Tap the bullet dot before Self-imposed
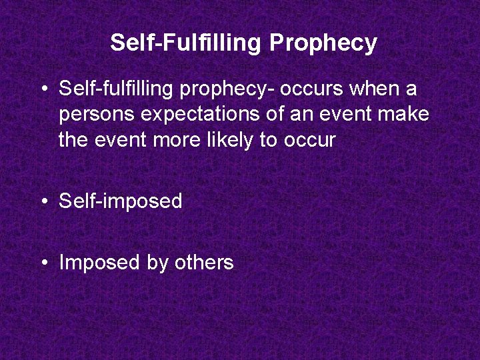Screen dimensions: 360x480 click(45, 201)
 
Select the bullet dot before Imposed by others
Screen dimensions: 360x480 click(45, 263)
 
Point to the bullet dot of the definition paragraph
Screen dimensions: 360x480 click(45, 89)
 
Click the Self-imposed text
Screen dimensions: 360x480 click(121, 201)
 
